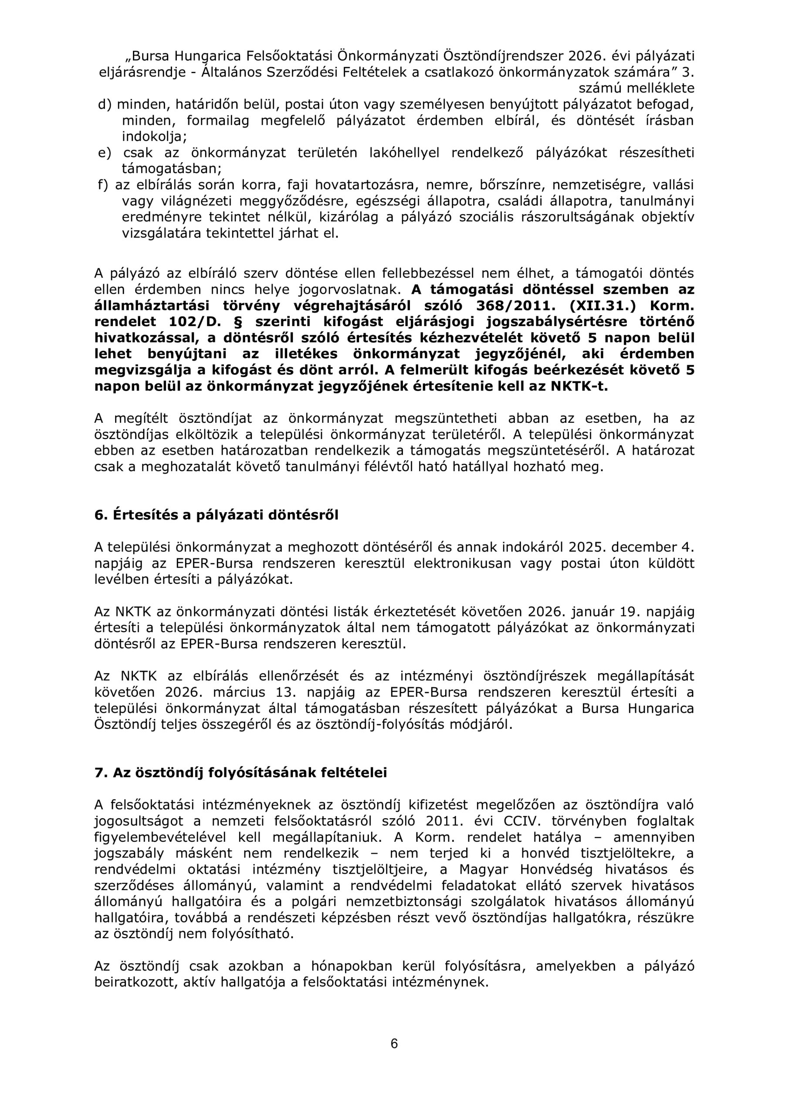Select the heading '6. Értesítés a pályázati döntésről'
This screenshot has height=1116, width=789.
pos(216,515)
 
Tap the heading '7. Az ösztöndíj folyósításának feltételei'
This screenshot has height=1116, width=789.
pos(240,772)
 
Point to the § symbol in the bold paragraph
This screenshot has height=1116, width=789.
pos(238,321)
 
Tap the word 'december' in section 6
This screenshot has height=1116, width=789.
pos(640,547)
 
